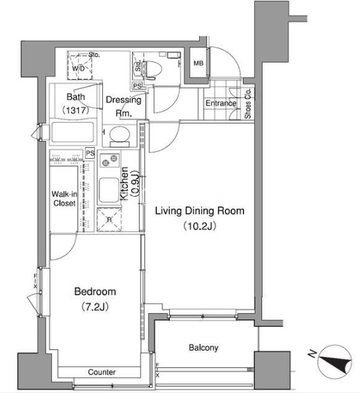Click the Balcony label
[x=203, y=347]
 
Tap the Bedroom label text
[x=95, y=292]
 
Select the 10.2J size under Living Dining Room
[x=200, y=226]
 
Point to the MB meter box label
[x=198, y=63]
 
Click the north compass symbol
[x=335, y=362]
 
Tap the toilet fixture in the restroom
[x=151, y=69]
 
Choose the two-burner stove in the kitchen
[x=110, y=161]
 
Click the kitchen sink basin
[x=109, y=190]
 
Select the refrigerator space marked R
[x=109, y=219]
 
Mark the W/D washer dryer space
[x=80, y=65]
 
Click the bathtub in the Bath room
[x=73, y=132]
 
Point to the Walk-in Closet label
[x=64, y=198]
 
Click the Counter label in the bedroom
[x=102, y=372]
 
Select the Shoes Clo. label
[x=247, y=104]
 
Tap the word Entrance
[x=221, y=103]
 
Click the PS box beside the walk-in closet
[x=90, y=153]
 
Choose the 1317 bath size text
[x=76, y=110]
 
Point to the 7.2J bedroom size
[x=95, y=306]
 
